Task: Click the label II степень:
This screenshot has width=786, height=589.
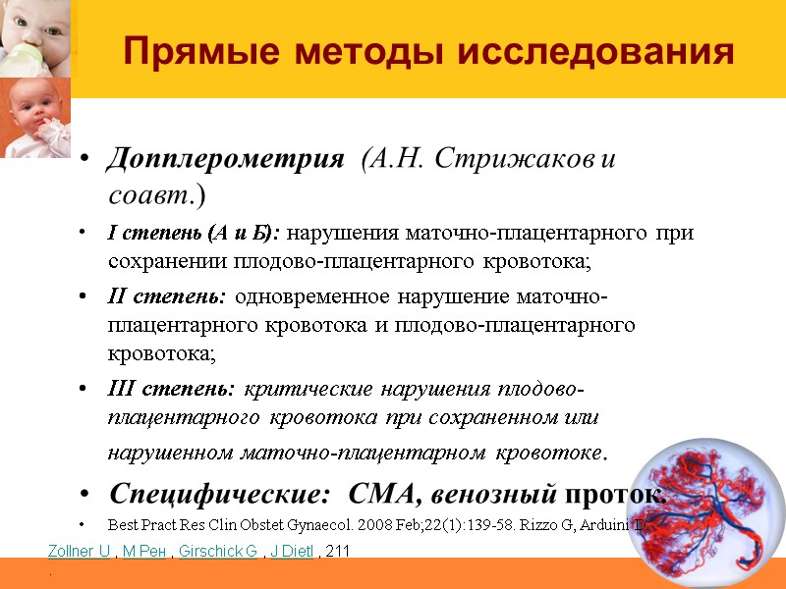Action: point(167,297)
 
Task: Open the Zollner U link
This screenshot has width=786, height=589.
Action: point(80,554)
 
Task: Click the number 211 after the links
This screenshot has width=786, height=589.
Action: point(338,554)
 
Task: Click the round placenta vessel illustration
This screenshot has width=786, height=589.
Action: point(715,513)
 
